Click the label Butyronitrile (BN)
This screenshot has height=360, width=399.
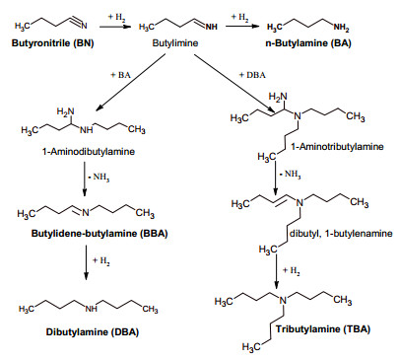[53, 43]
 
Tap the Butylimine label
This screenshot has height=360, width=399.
[175, 43]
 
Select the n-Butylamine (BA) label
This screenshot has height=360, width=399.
[308, 43]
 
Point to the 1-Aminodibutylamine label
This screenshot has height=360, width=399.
[89, 152]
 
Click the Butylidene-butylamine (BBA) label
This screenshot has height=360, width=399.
[100, 234]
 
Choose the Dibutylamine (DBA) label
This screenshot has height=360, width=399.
[93, 331]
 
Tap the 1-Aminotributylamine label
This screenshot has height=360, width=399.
[337, 146]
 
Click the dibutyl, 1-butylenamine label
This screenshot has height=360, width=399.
[341, 234]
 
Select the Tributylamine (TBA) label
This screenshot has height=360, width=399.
[323, 329]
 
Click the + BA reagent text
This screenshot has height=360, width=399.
[120, 75]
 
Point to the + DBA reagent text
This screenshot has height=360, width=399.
[252, 75]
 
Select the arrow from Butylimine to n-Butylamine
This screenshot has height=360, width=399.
[242, 27]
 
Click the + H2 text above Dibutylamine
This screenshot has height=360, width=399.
[101, 261]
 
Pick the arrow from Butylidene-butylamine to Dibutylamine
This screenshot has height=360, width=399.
[86, 262]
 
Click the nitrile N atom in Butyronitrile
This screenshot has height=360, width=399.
[84, 26]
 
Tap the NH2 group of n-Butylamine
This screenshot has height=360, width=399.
[341, 28]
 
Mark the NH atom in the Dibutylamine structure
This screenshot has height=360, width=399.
[92, 309]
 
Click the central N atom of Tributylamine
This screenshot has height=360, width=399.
[283, 300]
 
